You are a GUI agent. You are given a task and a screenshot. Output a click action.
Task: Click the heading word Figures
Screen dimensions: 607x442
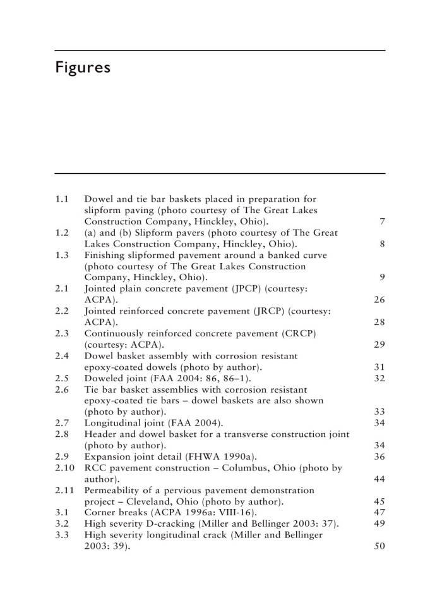point(83,68)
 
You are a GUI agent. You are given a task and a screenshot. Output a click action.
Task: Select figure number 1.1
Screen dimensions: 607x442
point(61,199)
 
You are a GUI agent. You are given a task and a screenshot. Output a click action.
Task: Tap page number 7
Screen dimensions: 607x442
point(382,222)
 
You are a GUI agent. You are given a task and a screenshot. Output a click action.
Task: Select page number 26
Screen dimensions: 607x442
point(379,300)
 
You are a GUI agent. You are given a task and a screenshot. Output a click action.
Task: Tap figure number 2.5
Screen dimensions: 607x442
point(61,378)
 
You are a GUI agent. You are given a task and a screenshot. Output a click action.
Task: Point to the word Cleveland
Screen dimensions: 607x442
point(144,502)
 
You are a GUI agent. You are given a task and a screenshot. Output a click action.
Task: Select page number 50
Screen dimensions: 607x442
point(379,547)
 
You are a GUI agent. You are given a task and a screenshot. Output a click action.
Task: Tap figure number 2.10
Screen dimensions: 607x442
point(64,469)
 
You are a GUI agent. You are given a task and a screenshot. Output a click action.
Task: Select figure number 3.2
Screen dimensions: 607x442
point(61,524)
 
